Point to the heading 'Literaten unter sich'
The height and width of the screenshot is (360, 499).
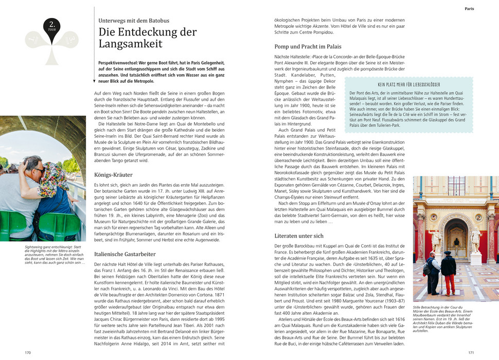pos(299,236)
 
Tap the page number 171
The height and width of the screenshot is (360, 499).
pos(470,352)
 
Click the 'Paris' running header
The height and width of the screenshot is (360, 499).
pos(469,9)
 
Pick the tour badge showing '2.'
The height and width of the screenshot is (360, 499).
pos(52,25)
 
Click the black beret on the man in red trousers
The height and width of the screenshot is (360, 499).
pos(448,253)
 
